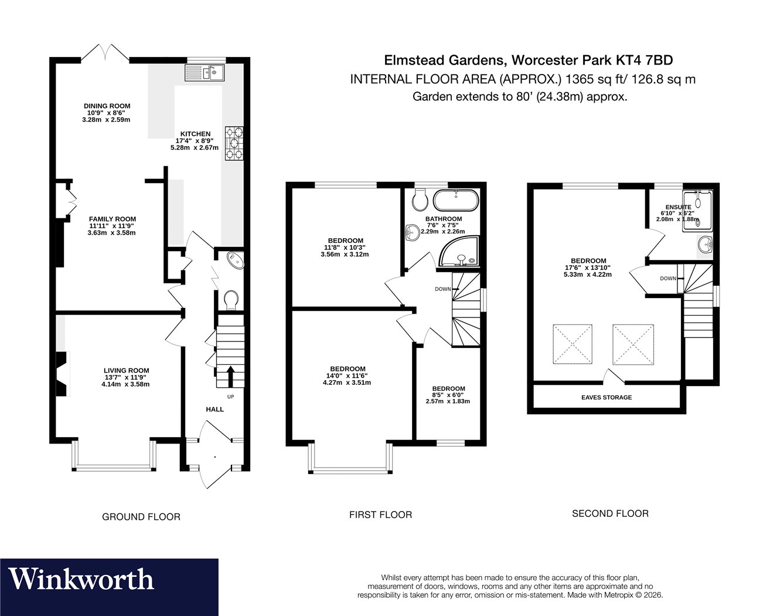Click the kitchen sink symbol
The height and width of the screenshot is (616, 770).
205,73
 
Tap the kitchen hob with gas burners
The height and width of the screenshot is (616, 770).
234,143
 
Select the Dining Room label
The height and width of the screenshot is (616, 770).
107,106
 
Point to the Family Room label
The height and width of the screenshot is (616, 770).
113,219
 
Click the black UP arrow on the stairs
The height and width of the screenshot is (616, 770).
230,376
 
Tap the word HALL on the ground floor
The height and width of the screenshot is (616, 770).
214,409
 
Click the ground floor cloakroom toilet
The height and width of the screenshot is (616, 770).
231,300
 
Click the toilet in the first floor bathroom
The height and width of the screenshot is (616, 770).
420,200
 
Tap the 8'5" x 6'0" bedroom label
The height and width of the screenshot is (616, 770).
448,395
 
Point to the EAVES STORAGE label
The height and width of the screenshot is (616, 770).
607,397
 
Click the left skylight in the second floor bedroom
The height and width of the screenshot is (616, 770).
573,344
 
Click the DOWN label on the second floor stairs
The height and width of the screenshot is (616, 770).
668,279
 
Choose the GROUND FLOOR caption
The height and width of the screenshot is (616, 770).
141,517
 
